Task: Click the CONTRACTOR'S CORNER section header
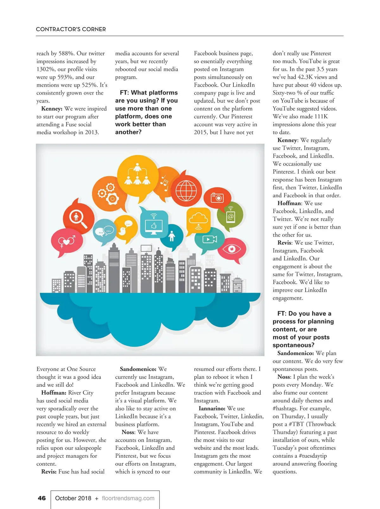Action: pos(71,29)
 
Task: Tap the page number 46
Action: pos(42,498)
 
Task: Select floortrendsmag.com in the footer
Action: pos(128,498)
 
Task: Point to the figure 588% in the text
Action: pos(66,53)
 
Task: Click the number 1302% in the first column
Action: pos(46,69)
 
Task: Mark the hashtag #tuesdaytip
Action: pos(313,456)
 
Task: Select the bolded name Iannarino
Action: pos(212,408)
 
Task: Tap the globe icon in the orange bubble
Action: pos(186,191)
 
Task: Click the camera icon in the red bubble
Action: pos(218,198)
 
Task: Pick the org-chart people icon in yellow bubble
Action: pos(137,175)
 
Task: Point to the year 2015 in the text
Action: pos(200,132)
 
